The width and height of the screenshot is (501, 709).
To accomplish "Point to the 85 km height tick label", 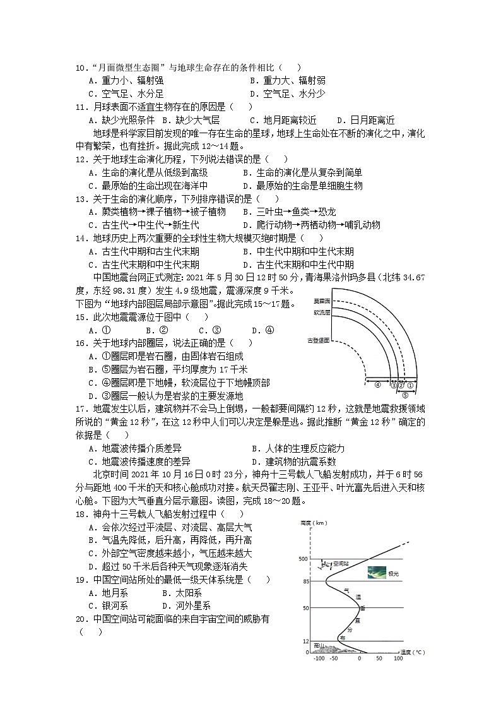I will click(x=305, y=581).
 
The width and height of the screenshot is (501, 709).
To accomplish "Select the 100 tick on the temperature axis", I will click(x=398, y=658).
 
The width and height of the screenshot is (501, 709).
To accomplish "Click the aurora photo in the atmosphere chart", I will click(x=377, y=573).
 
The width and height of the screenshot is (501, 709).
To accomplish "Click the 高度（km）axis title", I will click(x=314, y=523).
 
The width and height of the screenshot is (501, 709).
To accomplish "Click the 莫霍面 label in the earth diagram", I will click(x=322, y=301).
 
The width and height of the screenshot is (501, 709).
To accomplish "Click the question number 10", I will click(x=81, y=68).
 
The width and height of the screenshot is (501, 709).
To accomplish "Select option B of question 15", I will click(x=156, y=330).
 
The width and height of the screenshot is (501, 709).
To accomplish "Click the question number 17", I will click(x=81, y=409).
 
